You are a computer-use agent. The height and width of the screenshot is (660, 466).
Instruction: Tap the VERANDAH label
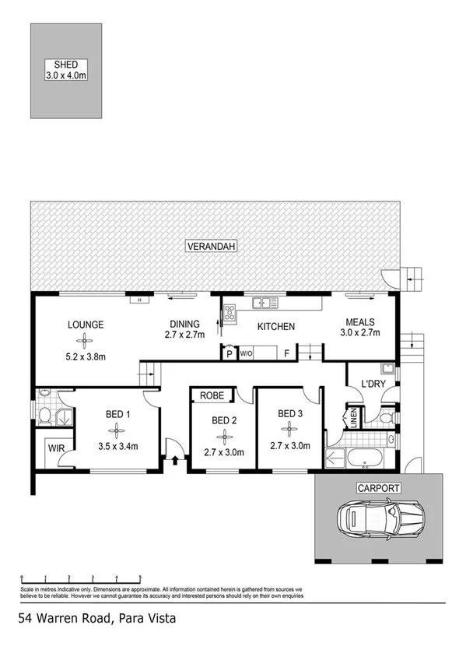pyautogui.click(x=211, y=247)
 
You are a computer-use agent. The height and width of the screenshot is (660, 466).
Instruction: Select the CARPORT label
pyautogui.click(x=379, y=489)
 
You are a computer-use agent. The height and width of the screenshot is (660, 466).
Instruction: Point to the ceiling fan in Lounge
pyautogui.click(x=85, y=341)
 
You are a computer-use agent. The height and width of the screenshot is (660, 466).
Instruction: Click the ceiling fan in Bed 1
pyautogui.click(x=116, y=430)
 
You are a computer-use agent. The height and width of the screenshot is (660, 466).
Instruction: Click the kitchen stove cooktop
pyautogui.click(x=231, y=313)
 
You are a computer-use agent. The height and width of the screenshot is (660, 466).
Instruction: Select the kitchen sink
pyautogui.click(x=261, y=304)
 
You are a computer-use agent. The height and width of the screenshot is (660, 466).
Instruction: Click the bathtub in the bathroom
pyautogui.click(x=362, y=457)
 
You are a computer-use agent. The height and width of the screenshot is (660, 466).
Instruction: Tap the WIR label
pyautogui.click(x=55, y=449)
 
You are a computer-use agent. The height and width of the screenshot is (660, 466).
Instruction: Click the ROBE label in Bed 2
pyautogui.click(x=212, y=396)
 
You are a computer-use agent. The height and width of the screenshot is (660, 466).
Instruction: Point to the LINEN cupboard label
pyautogui.click(x=354, y=418)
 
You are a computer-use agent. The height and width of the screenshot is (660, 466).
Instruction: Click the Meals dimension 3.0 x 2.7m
pyautogui.click(x=360, y=333)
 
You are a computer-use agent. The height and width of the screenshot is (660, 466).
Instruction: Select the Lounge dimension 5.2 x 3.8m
pyautogui.click(x=86, y=357)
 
